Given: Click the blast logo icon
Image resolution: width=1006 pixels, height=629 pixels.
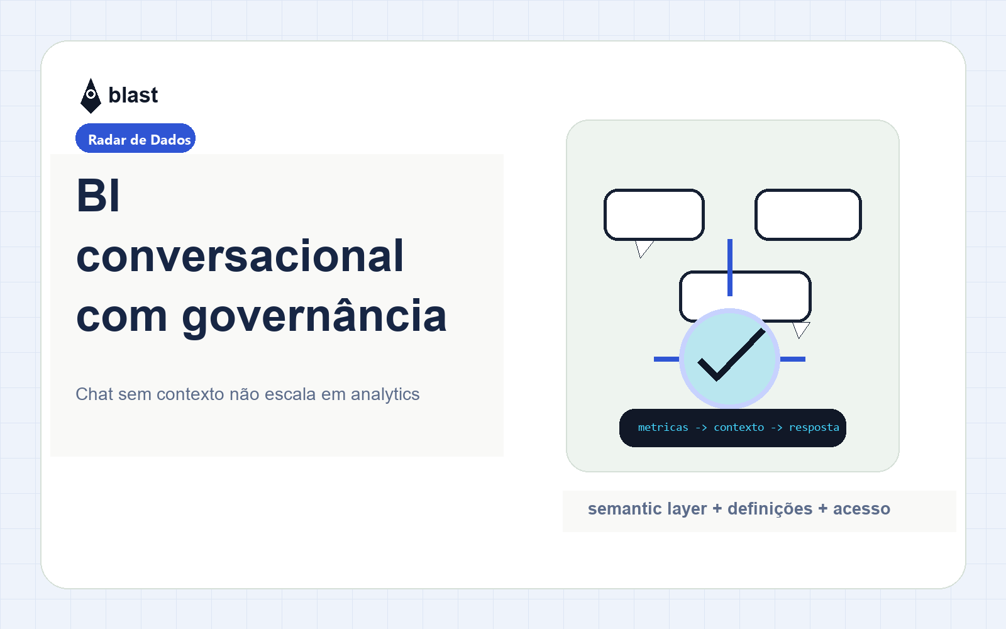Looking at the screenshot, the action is point(91,96).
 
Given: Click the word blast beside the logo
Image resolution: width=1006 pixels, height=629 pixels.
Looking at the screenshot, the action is point(133,95).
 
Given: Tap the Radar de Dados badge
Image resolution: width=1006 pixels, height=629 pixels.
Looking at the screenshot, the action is point(135,138).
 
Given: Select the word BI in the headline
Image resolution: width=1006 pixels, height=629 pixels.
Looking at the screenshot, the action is point(98,196).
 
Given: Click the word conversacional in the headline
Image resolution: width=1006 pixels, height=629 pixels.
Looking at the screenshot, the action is point(240,255).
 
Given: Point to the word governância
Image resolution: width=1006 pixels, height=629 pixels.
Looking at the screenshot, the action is point(314,317).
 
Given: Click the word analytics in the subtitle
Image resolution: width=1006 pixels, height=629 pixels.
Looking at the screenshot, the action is point(385,394).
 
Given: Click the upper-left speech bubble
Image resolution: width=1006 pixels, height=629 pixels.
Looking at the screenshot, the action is point(654,214).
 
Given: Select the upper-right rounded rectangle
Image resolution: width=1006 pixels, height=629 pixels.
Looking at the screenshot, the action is point(808,214).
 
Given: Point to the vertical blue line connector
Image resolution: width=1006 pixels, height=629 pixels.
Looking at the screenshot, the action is point(730,268).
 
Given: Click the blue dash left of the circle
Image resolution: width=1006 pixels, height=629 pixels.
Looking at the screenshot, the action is point(667,359).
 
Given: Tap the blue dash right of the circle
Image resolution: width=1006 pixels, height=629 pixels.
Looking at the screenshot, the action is point(793,359).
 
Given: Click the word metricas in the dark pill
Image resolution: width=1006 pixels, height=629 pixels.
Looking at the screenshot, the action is point(663,427).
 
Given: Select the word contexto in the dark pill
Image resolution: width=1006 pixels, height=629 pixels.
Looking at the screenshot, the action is point(739,427).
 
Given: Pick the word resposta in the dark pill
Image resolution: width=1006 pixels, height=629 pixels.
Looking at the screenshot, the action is point(814,427).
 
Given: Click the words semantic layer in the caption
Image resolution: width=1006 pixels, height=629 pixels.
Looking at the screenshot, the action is point(647,509).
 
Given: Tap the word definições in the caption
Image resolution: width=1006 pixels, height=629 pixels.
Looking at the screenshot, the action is point(770,509).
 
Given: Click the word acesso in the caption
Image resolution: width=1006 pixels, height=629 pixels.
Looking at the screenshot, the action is point(861,509).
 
